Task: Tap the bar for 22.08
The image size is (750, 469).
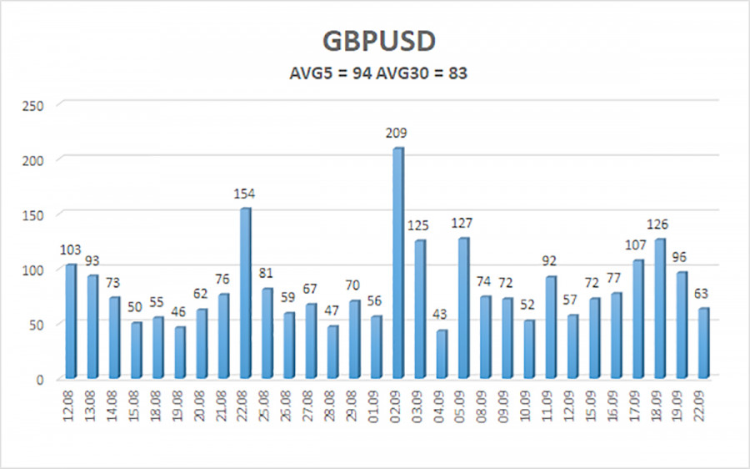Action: (x=245, y=293)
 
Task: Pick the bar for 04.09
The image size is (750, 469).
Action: (x=441, y=354)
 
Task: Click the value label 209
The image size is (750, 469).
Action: (x=397, y=133)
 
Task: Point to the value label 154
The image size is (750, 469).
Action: (x=244, y=194)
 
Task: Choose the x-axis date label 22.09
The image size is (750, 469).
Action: (x=704, y=408)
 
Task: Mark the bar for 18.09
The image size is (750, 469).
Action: (x=659, y=309)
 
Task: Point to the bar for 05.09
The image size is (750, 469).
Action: (x=463, y=308)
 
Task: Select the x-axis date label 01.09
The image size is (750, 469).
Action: (x=377, y=408)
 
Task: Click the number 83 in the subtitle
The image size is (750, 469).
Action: (x=457, y=73)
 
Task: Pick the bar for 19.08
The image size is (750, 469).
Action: (x=180, y=352)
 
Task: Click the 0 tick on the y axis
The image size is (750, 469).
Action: (x=45, y=380)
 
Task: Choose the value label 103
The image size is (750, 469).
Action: (x=71, y=250)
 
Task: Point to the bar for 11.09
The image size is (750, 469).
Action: (x=550, y=327)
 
